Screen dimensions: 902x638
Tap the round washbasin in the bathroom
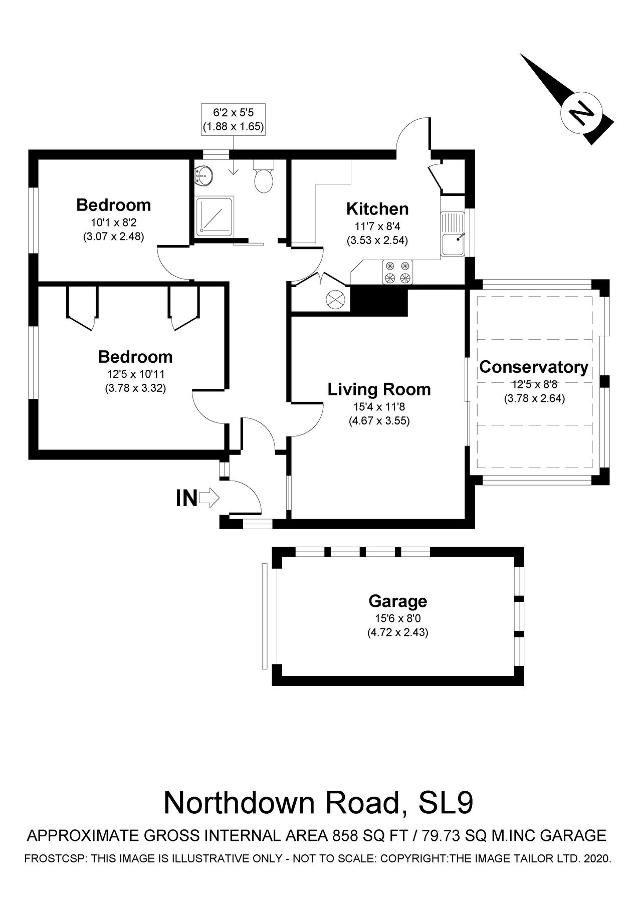[x=204, y=176]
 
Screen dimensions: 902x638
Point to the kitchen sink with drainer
[x=453, y=234]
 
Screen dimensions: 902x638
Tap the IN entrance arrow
[x=209, y=498]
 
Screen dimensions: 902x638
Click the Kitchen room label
[x=377, y=209]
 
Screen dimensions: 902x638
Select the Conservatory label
[x=534, y=367]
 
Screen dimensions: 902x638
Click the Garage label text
[x=397, y=601]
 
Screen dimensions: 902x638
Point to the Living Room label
[x=379, y=389]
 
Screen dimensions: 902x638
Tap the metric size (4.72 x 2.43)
[x=397, y=632]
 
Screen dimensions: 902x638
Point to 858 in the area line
[x=345, y=835]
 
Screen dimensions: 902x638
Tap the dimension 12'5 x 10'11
[x=135, y=374]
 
